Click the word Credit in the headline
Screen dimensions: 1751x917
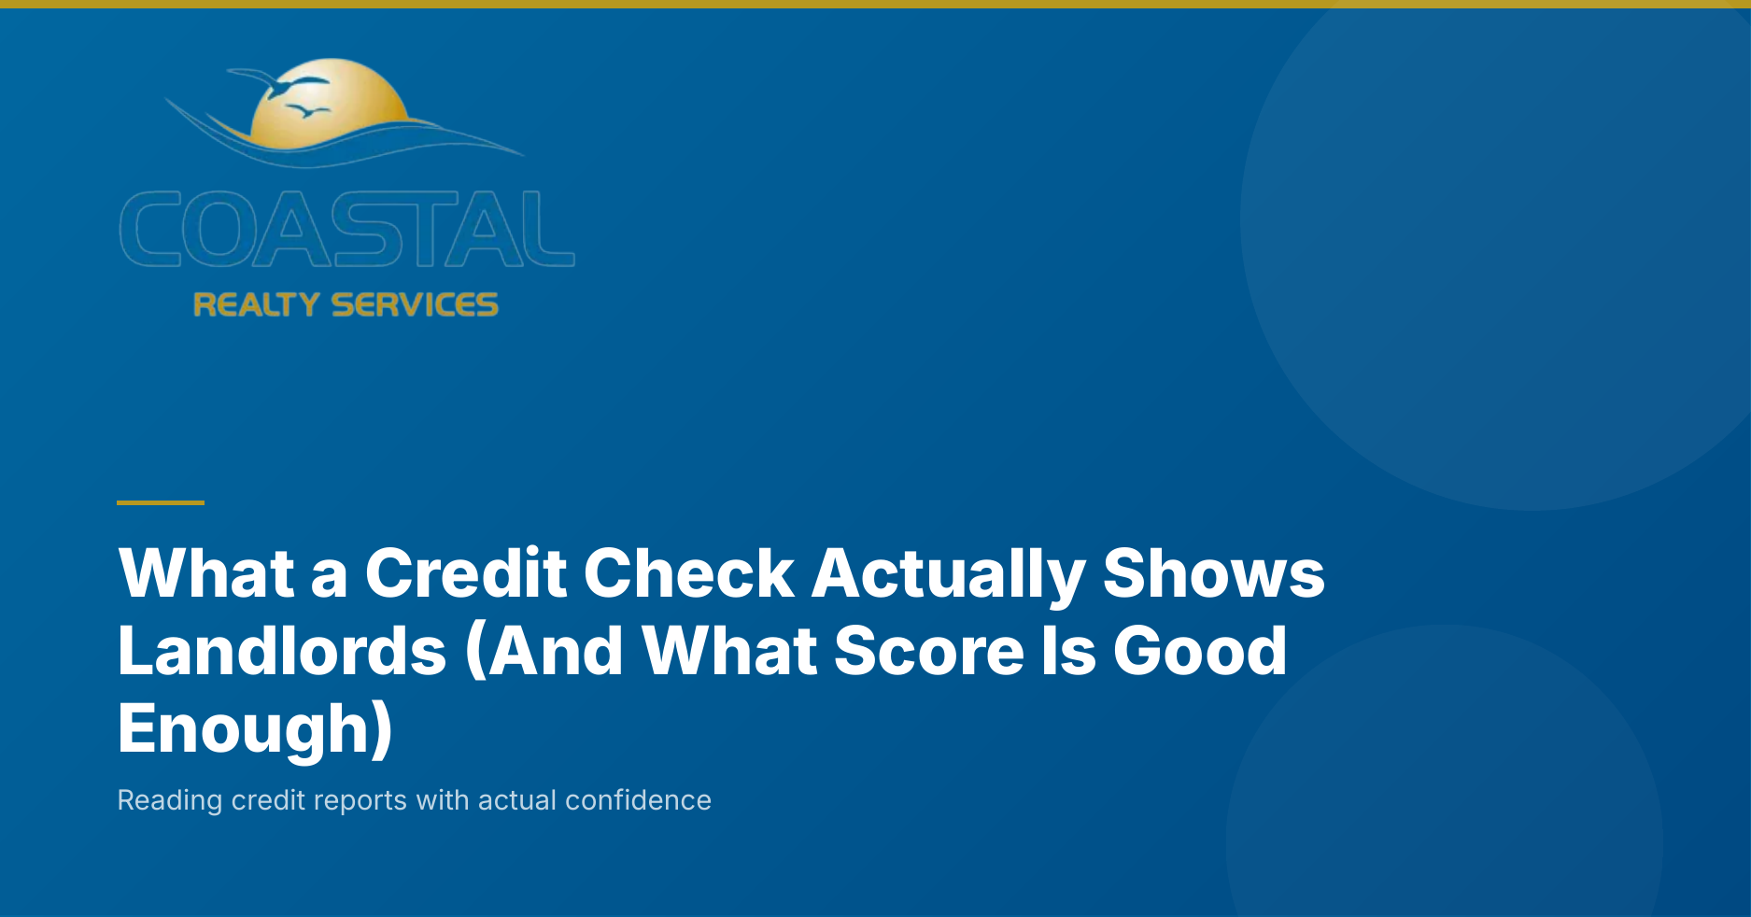[x=465, y=572]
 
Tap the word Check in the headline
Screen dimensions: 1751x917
[x=688, y=572]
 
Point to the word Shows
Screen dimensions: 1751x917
[x=1213, y=572]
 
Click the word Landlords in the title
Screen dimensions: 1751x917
[x=282, y=650]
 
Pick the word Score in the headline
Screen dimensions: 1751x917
[x=928, y=650]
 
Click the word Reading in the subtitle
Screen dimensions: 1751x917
[x=170, y=801]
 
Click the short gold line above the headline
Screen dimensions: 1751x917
[x=161, y=502]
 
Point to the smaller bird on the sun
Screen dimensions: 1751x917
[x=306, y=112]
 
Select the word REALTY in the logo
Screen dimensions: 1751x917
[x=256, y=304]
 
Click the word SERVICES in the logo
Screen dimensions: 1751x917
[x=415, y=304]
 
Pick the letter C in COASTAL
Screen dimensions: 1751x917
[x=150, y=229]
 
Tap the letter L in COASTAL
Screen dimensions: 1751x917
[x=544, y=229]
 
